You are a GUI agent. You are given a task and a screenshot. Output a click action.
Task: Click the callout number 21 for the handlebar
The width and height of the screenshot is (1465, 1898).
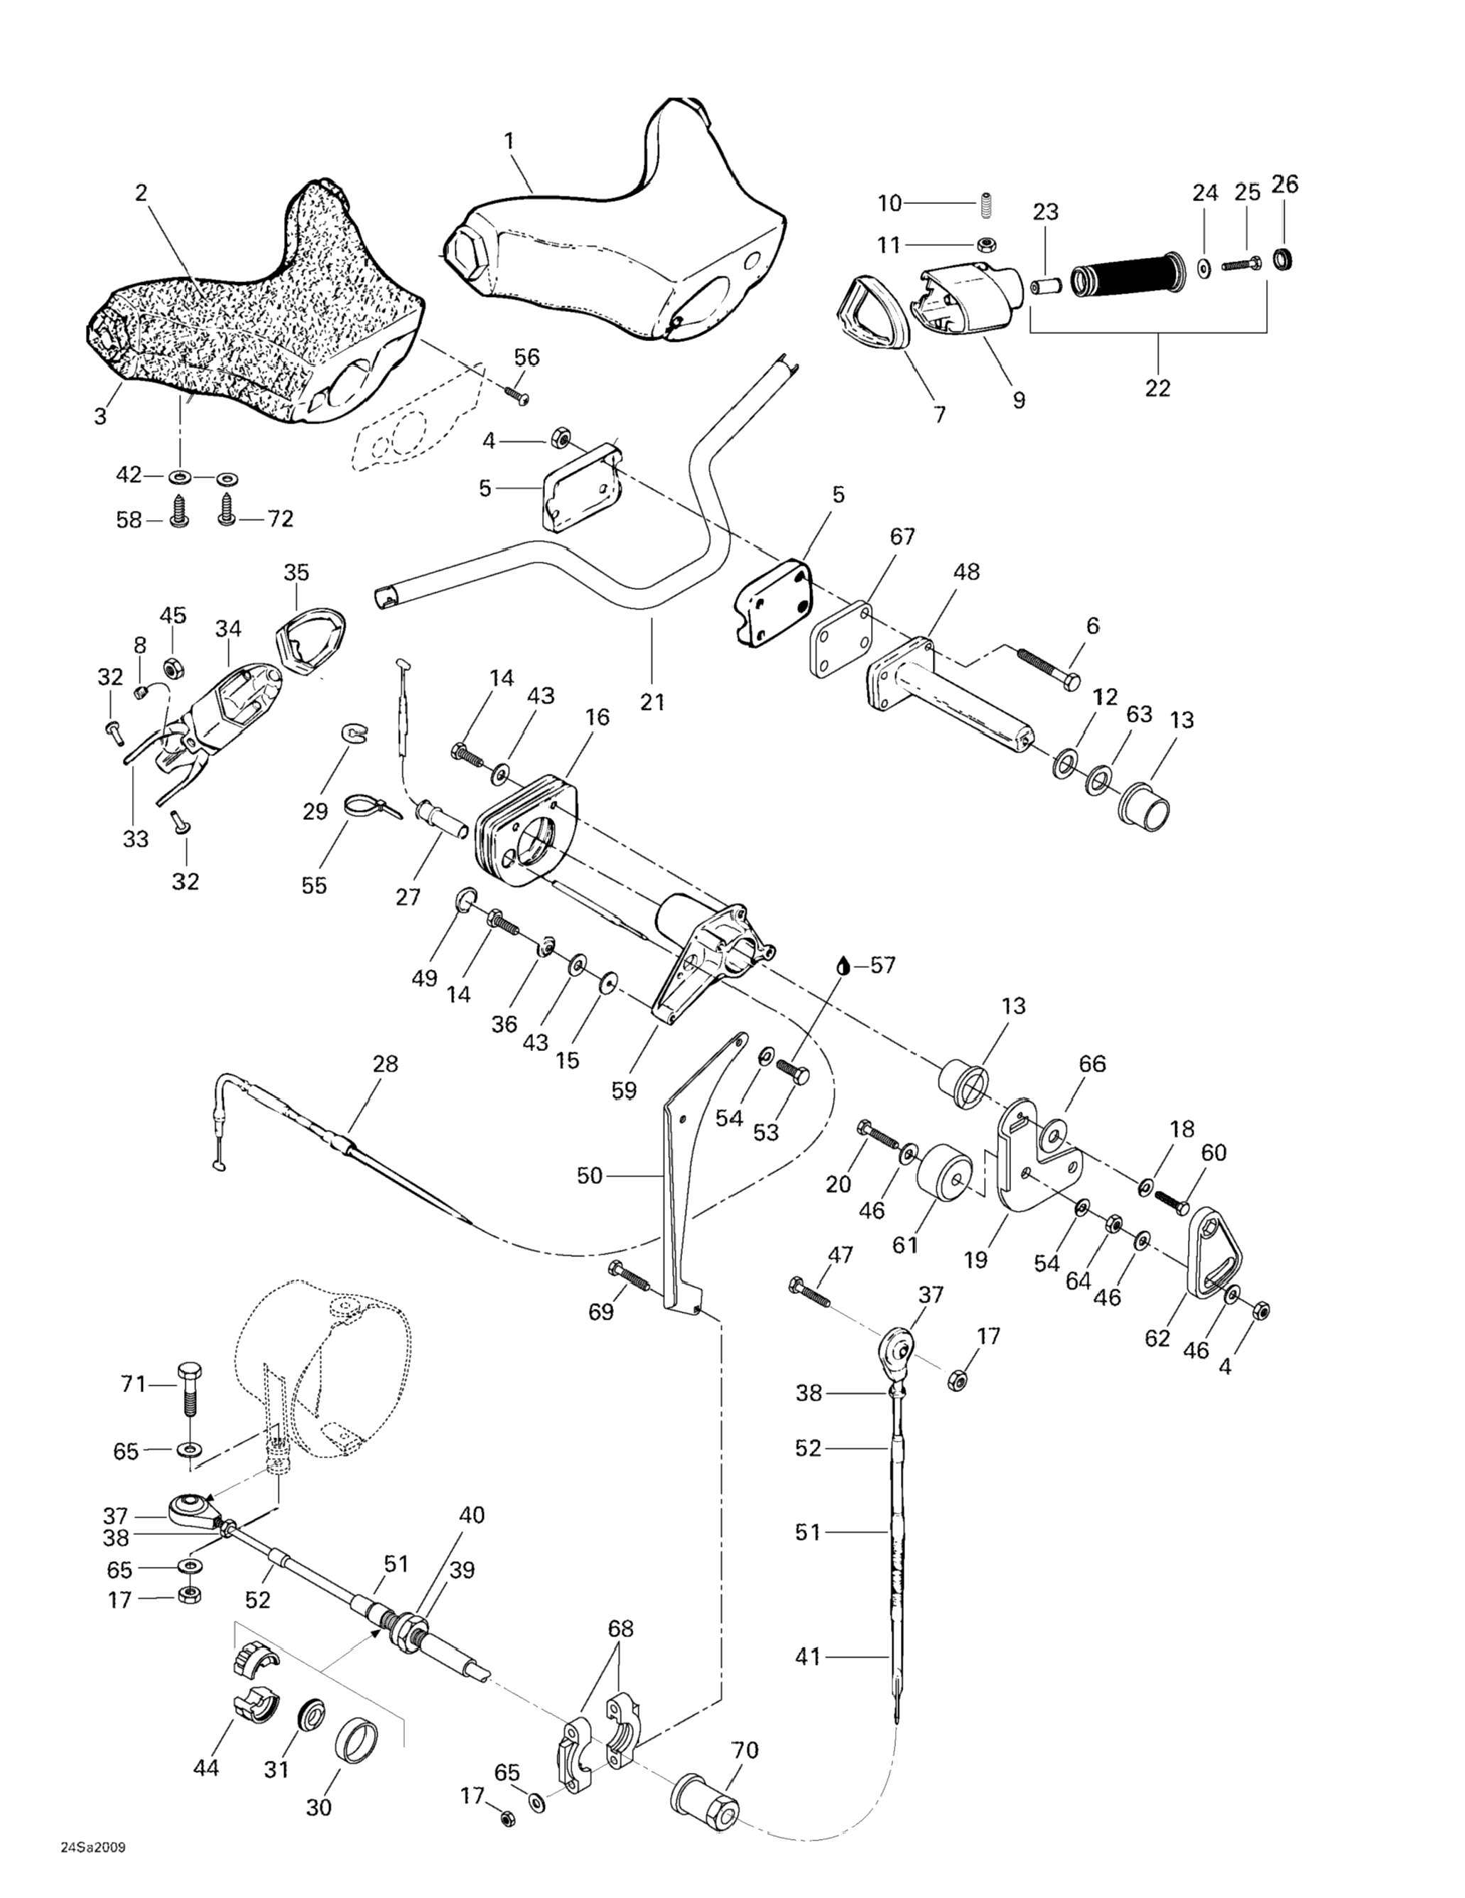click(x=652, y=701)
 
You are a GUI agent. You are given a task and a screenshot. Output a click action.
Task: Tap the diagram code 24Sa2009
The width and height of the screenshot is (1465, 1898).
click(x=93, y=1865)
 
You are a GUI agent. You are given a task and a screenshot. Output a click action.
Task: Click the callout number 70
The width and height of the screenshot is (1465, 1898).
click(x=745, y=1750)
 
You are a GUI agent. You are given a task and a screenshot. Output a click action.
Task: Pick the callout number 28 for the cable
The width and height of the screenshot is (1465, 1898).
click(x=385, y=1064)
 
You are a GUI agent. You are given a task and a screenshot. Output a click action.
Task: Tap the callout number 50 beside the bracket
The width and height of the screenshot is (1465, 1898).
click(x=589, y=1176)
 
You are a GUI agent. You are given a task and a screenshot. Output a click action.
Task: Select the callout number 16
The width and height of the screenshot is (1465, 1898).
click(x=598, y=717)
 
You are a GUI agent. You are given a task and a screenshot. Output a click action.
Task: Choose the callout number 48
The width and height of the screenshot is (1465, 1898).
click(x=966, y=572)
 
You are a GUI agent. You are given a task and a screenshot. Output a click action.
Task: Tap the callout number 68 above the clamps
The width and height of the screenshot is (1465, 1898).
click(x=620, y=1629)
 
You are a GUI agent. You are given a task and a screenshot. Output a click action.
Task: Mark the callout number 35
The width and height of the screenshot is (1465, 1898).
click(x=296, y=573)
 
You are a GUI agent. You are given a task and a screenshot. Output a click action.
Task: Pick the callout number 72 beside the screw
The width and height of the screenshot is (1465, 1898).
click(x=280, y=519)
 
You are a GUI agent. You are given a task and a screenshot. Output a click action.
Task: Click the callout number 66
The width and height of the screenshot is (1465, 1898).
click(x=1091, y=1064)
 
